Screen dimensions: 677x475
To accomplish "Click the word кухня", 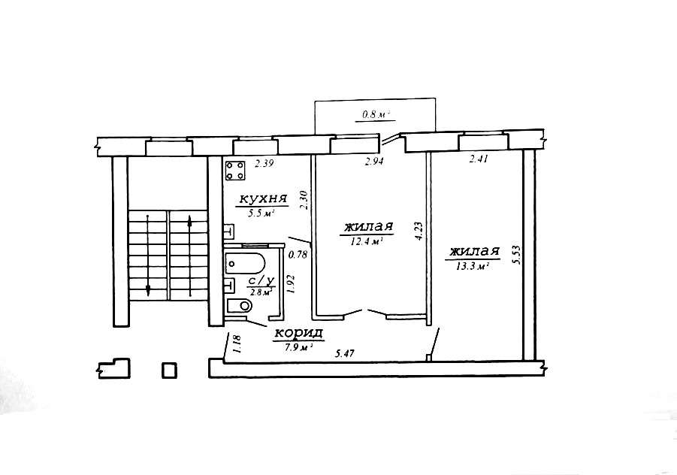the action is pyautogui.click(x=264, y=199).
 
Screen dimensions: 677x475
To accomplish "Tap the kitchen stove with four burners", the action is pyautogui.click(x=235, y=170).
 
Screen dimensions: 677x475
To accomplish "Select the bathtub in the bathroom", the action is pyautogui.click(x=245, y=263).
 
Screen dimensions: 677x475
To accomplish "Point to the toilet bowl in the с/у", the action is pyautogui.click(x=239, y=306).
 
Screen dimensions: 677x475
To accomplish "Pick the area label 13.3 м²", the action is pyautogui.click(x=471, y=266).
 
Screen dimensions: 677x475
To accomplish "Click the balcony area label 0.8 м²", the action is pyautogui.click(x=375, y=115).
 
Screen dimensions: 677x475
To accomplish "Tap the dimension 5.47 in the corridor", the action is pyautogui.click(x=345, y=354).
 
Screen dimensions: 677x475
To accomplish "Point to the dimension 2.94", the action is pyautogui.click(x=374, y=162).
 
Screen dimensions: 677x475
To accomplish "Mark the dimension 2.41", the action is pyautogui.click(x=479, y=159).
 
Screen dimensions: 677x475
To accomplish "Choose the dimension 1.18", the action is pyautogui.click(x=236, y=345).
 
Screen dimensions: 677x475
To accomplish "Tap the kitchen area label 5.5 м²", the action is pyautogui.click(x=261, y=213).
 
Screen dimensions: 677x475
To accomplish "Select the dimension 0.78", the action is pyautogui.click(x=298, y=255).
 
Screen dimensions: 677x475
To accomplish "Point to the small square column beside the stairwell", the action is pyautogui.click(x=169, y=371).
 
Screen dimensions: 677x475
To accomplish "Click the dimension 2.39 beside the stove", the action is pyautogui.click(x=264, y=164).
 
